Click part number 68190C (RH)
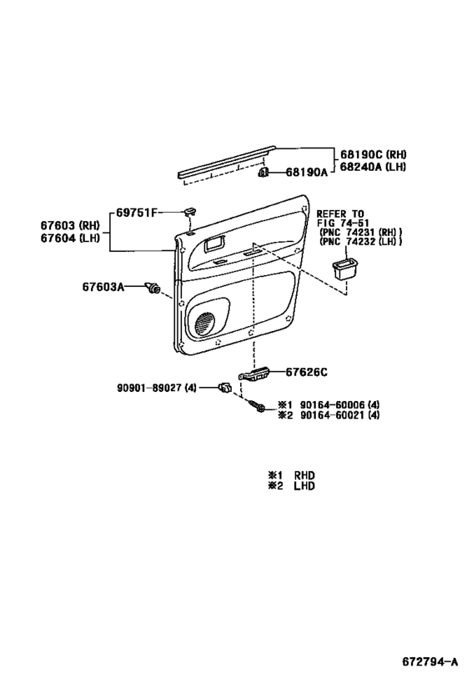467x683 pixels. (x=374, y=154)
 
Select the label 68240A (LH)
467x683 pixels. (x=373, y=167)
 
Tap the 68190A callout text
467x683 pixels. (x=306, y=173)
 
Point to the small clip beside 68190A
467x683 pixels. (x=264, y=173)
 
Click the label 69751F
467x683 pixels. (x=137, y=213)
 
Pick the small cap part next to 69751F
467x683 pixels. (x=189, y=211)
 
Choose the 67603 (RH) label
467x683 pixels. (x=70, y=225)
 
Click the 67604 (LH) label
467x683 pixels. (x=70, y=238)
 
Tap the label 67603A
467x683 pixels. (x=103, y=287)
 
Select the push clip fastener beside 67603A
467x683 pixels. (x=153, y=288)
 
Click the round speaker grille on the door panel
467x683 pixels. (x=205, y=324)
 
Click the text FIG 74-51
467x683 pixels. (x=343, y=223)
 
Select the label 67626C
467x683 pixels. (x=306, y=373)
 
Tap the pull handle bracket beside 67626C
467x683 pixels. (x=254, y=374)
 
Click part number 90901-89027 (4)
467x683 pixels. (x=157, y=387)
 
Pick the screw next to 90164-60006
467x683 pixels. (x=257, y=406)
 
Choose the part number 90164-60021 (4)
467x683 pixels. (x=339, y=415)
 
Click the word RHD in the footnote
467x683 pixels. (x=304, y=475)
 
